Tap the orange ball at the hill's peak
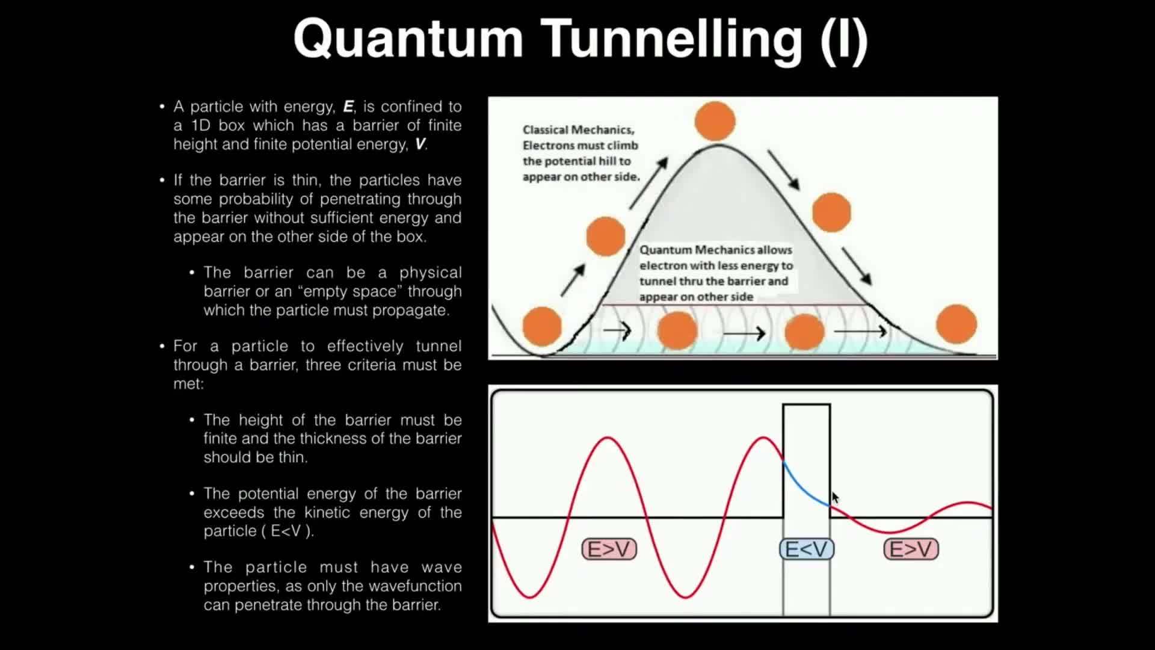click(x=715, y=121)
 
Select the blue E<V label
click(x=807, y=549)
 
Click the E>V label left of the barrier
click(x=609, y=549)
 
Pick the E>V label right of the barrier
click(x=911, y=549)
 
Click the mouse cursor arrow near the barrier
click(x=835, y=498)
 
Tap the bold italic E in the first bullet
click(x=348, y=107)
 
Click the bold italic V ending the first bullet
click(x=420, y=144)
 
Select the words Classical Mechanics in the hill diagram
click(x=578, y=130)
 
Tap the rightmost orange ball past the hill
click(x=956, y=324)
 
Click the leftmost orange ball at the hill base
click(x=542, y=326)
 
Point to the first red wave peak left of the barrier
click(x=608, y=439)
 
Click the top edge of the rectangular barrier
click(x=806, y=405)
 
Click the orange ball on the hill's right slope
click(x=831, y=212)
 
